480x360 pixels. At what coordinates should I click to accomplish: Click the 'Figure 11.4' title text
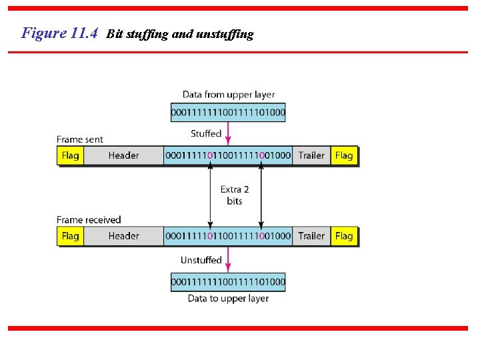(x=61, y=33)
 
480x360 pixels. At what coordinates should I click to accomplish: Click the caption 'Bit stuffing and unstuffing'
(x=180, y=34)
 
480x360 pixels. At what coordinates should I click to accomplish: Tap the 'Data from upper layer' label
(x=229, y=95)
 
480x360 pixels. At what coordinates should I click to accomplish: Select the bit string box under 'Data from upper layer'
(x=229, y=113)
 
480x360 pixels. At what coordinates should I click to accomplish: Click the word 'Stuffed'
(x=206, y=134)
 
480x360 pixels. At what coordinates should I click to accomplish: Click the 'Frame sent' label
(x=80, y=139)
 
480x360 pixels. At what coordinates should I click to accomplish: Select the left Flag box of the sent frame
(x=70, y=155)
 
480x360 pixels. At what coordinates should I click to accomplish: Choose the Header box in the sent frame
(x=123, y=155)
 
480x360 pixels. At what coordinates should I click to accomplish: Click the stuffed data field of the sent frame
(x=228, y=155)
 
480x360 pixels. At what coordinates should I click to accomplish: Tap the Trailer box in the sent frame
(x=311, y=155)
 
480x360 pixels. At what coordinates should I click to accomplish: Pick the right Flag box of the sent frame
(x=344, y=155)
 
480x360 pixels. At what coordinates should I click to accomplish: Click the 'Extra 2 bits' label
(x=235, y=195)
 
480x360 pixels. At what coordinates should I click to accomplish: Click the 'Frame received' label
(x=89, y=220)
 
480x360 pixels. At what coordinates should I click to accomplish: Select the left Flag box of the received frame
(x=70, y=236)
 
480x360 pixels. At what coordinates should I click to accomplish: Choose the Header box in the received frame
(x=123, y=236)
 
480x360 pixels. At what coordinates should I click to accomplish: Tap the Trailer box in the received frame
(x=311, y=236)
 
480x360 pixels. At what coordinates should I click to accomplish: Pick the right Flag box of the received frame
(x=344, y=236)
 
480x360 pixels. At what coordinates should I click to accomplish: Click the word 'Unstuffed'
(x=201, y=260)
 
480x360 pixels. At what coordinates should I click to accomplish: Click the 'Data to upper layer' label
(x=229, y=299)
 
